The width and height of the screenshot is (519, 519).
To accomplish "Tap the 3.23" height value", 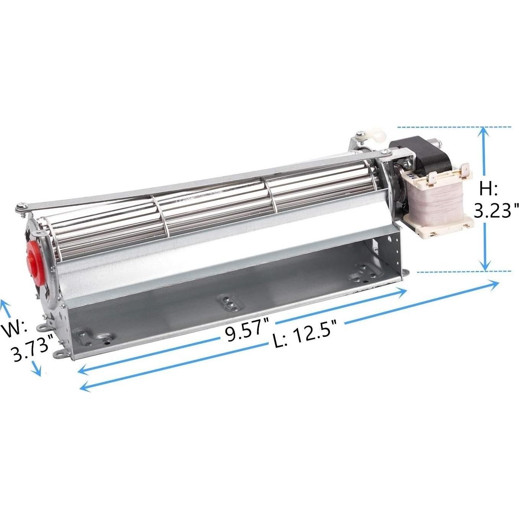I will (496, 210).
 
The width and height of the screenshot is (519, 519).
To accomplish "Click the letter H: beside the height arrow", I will (488, 189).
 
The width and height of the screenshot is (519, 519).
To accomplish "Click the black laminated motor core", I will (417, 157).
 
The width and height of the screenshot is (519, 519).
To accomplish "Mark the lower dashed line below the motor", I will (463, 271).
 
